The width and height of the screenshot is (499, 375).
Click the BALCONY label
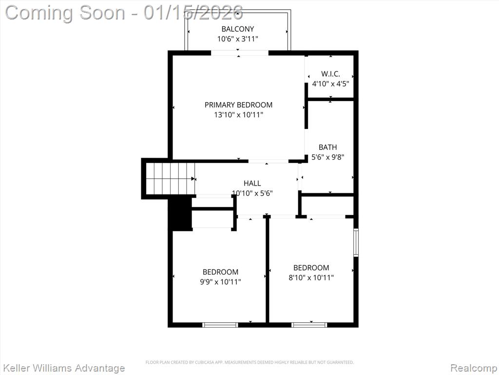[238, 29]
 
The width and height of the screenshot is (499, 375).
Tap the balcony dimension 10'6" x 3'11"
[238, 39]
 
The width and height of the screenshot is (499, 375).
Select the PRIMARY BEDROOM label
[238, 104]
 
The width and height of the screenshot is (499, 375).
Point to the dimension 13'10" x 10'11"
[238, 115]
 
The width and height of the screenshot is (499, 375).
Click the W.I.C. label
[331, 74]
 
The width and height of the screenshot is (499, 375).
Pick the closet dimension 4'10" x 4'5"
[331, 84]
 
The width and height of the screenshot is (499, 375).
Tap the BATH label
[328, 147]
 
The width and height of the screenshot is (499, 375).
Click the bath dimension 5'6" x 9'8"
[328, 157]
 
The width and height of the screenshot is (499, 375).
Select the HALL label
[252, 183]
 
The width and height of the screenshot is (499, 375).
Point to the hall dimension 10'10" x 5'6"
[252, 193]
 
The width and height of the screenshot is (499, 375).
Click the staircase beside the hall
[170, 179]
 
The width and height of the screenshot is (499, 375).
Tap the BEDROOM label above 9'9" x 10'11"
[221, 272]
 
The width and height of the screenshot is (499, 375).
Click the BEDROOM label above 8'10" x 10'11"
[311, 268]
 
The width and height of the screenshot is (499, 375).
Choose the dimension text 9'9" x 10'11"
[221, 282]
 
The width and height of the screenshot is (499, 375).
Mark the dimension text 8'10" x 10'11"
[311, 278]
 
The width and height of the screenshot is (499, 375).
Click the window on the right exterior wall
[356, 242]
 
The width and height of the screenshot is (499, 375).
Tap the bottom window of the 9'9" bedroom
[220, 325]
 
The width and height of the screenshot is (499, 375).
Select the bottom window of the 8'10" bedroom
[309, 325]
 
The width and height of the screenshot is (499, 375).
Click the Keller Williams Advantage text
[63, 368]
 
